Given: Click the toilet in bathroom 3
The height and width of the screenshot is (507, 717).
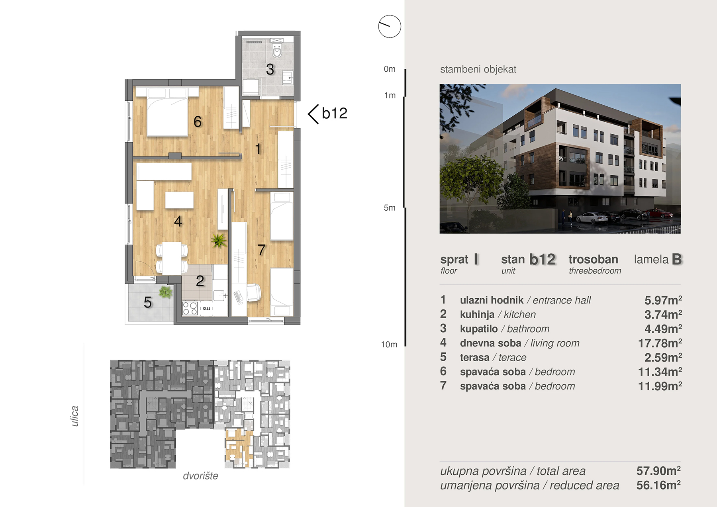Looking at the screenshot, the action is [x=277, y=51].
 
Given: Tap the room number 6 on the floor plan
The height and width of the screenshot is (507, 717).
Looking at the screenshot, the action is [x=198, y=121].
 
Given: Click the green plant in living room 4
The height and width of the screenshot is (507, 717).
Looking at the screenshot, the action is [x=218, y=240].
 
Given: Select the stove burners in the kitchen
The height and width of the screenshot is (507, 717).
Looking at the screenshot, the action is [x=190, y=308].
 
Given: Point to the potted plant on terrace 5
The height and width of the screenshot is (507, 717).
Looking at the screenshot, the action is [x=166, y=292].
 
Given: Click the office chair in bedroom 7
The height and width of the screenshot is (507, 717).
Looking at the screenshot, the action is [x=253, y=292].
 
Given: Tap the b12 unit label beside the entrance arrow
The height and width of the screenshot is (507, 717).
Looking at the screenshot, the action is [x=335, y=114].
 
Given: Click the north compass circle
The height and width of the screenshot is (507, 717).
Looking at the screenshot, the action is [x=390, y=27].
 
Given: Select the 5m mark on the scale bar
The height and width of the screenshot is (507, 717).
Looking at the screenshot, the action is [x=390, y=207].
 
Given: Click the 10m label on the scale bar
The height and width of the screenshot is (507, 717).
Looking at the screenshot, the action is [x=389, y=345].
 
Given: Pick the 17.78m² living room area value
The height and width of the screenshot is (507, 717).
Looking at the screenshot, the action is [x=660, y=343].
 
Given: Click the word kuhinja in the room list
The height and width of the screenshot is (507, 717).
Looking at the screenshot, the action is [x=477, y=315].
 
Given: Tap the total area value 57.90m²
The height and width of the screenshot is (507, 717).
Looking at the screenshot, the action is [x=658, y=471].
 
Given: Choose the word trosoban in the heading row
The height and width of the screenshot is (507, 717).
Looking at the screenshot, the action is [x=593, y=259].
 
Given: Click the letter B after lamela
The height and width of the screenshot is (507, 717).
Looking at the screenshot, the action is [x=677, y=259].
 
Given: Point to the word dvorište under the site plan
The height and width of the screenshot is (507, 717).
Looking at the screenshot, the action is [x=200, y=476].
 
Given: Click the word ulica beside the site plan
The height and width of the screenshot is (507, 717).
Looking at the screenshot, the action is [x=74, y=416].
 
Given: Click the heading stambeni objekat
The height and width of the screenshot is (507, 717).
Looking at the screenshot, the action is [x=478, y=69].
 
